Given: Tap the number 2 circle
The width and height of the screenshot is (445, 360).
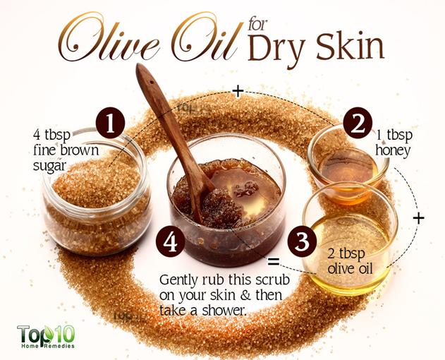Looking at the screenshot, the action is click(x=358, y=123).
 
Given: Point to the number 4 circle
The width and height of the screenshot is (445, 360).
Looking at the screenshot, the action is click(x=170, y=242).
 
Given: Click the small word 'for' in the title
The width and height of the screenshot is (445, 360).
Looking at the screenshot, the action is click(x=257, y=25).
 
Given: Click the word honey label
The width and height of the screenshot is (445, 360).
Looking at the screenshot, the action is click(x=393, y=150).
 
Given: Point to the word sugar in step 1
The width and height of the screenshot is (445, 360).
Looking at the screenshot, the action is click(x=49, y=166).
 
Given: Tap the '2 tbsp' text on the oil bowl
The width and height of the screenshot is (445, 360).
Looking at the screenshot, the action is click(x=346, y=253).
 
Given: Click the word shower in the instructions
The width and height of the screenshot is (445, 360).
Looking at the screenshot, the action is click(x=224, y=311).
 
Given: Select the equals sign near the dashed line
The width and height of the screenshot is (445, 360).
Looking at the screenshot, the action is click(x=274, y=261).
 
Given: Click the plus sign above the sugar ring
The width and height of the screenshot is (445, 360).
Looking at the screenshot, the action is click(x=238, y=92).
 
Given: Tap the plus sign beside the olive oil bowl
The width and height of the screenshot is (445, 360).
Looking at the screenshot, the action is click(x=418, y=218).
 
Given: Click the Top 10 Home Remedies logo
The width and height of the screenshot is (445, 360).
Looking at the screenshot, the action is click(x=47, y=337).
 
